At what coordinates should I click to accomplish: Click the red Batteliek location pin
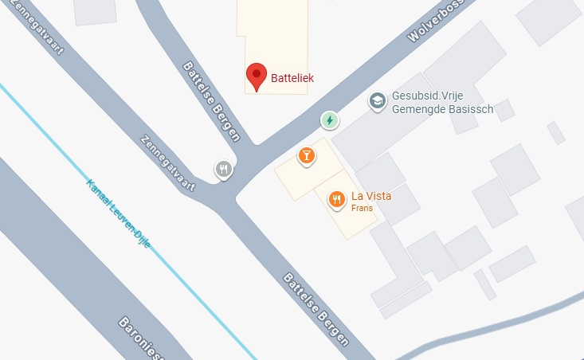pos(256,76)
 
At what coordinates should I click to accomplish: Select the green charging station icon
pos(329,120)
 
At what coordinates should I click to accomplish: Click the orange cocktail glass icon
pos(305,155)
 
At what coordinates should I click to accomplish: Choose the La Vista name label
pos(371,196)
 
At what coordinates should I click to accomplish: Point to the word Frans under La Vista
pos(362,209)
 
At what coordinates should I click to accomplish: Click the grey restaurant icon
pos(224,169)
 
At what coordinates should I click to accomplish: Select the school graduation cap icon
pos(377,101)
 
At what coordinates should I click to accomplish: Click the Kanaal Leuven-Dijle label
pos(119,213)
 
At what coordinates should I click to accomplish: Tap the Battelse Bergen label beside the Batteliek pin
pos(211,100)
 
